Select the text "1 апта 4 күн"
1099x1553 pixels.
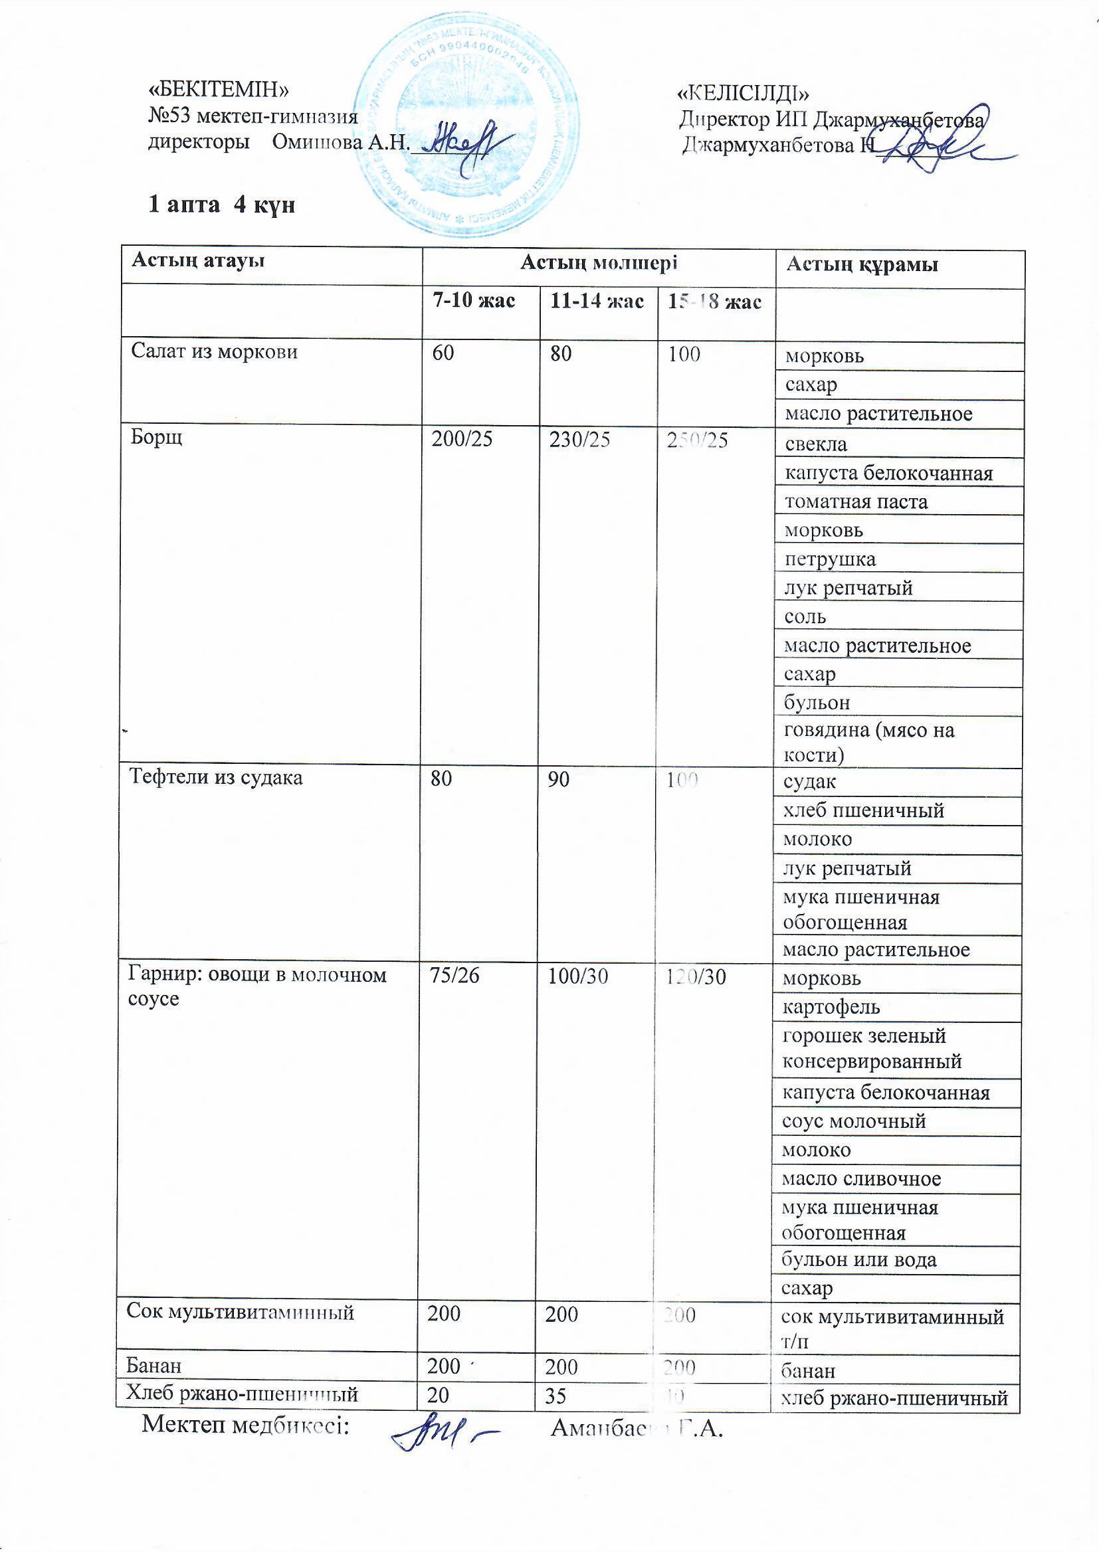pos(221,205)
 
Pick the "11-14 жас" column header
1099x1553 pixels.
pos(596,301)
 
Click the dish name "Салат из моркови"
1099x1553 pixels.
pos(215,352)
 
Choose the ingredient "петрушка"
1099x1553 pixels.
pos(830,559)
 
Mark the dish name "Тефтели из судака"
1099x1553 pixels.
pos(216,778)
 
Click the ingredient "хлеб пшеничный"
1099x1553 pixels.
pos(863,810)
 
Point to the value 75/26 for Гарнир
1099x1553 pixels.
pos(454,975)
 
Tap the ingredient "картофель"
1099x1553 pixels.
pos(831,1007)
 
